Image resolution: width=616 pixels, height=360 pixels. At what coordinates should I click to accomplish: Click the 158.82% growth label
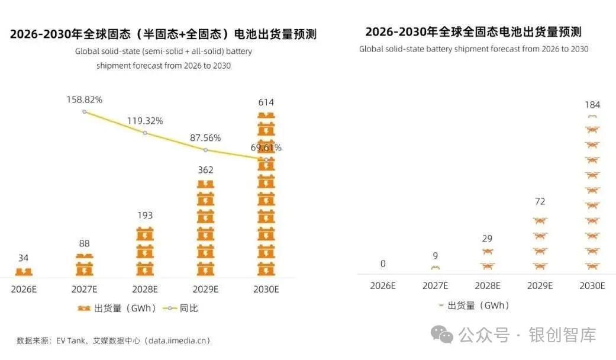coord(84,99)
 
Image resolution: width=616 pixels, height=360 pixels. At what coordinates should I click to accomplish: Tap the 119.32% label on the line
coord(145,121)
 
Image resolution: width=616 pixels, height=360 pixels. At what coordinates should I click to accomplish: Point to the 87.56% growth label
coord(205,138)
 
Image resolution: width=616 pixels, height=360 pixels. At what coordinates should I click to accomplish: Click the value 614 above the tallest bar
coord(266,102)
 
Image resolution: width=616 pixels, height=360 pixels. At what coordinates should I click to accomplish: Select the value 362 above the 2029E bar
coord(205,170)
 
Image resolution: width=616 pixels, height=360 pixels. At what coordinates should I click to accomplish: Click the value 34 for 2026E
coord(24,258)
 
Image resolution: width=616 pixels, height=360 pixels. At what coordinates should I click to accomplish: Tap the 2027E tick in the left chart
coord(84,289)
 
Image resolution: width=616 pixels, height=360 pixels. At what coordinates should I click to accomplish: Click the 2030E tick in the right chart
coord(591,285)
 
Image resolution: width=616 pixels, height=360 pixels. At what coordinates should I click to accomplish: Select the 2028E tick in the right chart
coord(487,285)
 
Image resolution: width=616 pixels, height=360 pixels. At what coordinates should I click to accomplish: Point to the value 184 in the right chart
coord(592,105)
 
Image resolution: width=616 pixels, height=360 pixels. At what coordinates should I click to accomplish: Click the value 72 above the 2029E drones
coord(539,202)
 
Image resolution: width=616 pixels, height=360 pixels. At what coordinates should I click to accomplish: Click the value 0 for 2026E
coord(382,263)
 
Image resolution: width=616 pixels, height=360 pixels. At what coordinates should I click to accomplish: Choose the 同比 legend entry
coord(188,308)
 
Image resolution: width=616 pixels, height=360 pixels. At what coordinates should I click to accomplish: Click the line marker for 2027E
coord(85,111)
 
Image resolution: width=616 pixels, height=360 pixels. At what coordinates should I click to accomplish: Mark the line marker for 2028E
coord(145,133)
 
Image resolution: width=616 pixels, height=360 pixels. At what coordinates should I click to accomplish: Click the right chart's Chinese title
coord(473,31)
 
